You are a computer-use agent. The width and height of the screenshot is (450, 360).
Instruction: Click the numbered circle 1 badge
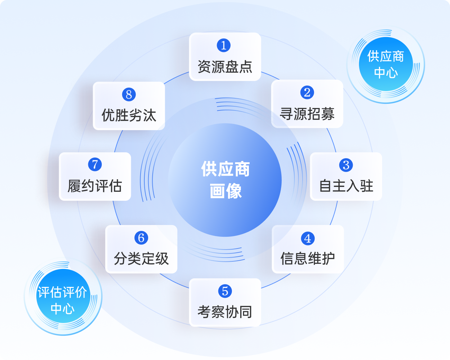click(x=224, y=45)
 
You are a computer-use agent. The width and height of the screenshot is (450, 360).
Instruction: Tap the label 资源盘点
click(x=225, y=67)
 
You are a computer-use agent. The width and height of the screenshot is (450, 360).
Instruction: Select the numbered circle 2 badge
click(x=307, y=92)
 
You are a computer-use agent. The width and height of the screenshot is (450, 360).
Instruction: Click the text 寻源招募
click(x=307, y=114)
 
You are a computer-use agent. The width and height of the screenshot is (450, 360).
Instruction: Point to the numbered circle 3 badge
click(x=346, y=165)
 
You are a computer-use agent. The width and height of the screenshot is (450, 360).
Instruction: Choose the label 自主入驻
click(x=346, y=186)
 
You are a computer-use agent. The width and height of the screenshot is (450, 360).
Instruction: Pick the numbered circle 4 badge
click(x=308, y=238)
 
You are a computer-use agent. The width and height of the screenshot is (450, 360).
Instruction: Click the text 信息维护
click(x=308, y=259)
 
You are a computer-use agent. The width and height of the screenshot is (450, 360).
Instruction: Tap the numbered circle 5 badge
click(x=225, y=291)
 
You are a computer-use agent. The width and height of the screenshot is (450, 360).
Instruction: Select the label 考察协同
click(x=225, y=312)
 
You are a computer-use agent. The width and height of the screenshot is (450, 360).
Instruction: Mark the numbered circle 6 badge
click(x=141, y=238)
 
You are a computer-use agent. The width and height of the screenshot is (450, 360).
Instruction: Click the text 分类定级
click(x=141, y=259)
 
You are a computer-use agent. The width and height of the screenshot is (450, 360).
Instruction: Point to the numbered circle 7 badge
click(x=95, y=164)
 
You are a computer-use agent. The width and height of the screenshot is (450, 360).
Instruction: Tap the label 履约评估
click(x=95, y=186)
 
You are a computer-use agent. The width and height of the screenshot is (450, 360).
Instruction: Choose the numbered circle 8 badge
click(x=129, y=94)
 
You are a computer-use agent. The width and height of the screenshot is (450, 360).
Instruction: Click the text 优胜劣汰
click(x=129, y=115)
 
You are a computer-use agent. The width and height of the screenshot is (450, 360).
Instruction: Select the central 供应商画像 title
click(x=225, y=180)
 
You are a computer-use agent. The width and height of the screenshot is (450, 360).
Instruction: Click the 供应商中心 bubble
click(x=386, y=64)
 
